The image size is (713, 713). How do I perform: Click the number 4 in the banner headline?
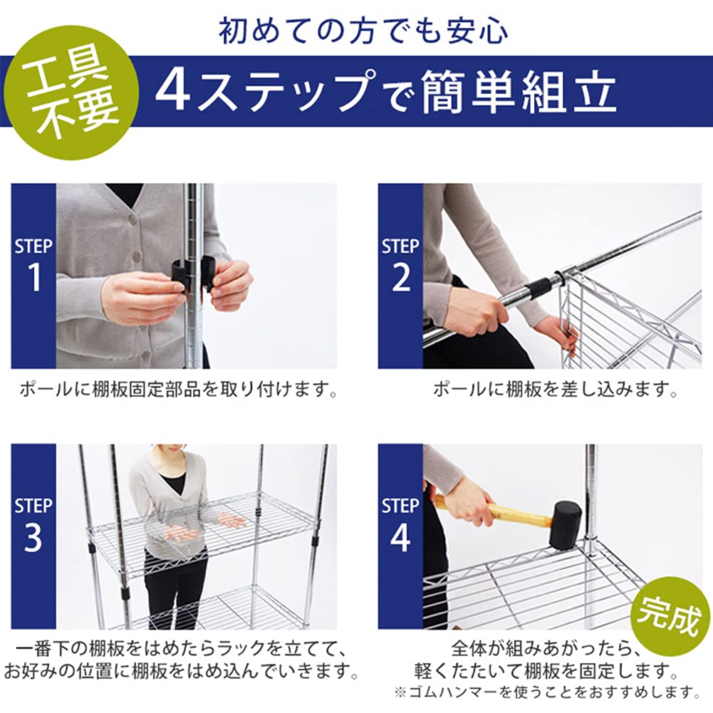pyautogui.click(x=172, y=92)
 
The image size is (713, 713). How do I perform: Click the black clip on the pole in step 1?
pyautogui.click(x=192, y=275)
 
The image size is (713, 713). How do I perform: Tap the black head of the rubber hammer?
pyautogui.click(x=565, y=526)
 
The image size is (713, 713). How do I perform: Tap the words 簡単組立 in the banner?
pyautogui.click(x=519, y=92)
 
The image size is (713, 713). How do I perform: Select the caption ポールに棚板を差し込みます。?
pyautogui.click(x=554, y=390)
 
